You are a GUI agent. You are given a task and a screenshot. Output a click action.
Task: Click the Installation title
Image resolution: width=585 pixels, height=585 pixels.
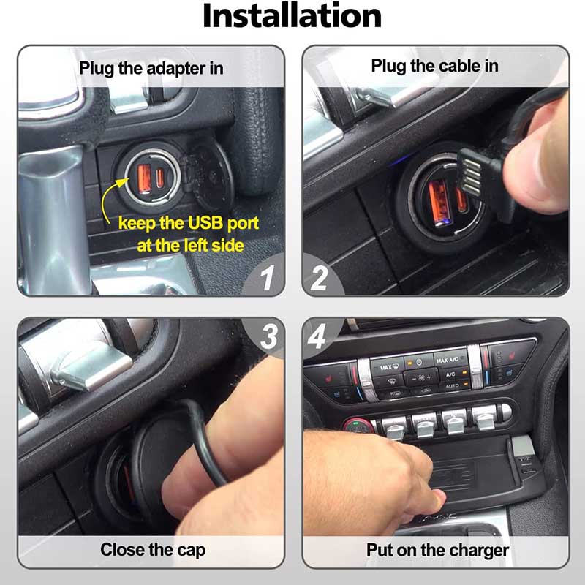(292, 15)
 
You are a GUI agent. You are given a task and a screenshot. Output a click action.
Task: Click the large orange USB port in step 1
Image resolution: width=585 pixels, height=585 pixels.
(144, 178)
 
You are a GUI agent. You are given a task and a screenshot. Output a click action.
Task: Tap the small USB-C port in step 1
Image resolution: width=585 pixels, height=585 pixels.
(160, 178)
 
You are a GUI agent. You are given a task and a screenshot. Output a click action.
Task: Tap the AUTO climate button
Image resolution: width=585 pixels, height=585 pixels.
(452, 386)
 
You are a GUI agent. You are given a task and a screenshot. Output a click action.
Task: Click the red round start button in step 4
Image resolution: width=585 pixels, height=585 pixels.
(358, 426)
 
